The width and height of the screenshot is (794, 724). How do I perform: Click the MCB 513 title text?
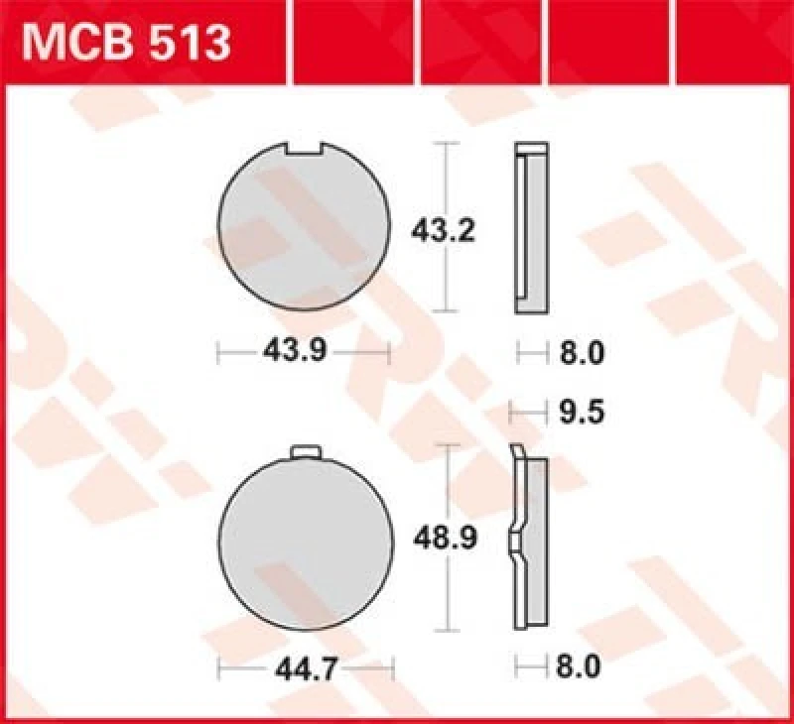pos(127,43)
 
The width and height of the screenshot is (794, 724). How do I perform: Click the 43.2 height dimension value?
pos(444,232)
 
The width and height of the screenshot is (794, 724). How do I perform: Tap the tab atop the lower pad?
pos(306,452)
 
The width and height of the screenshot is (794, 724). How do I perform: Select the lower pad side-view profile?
pos(530,541)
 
